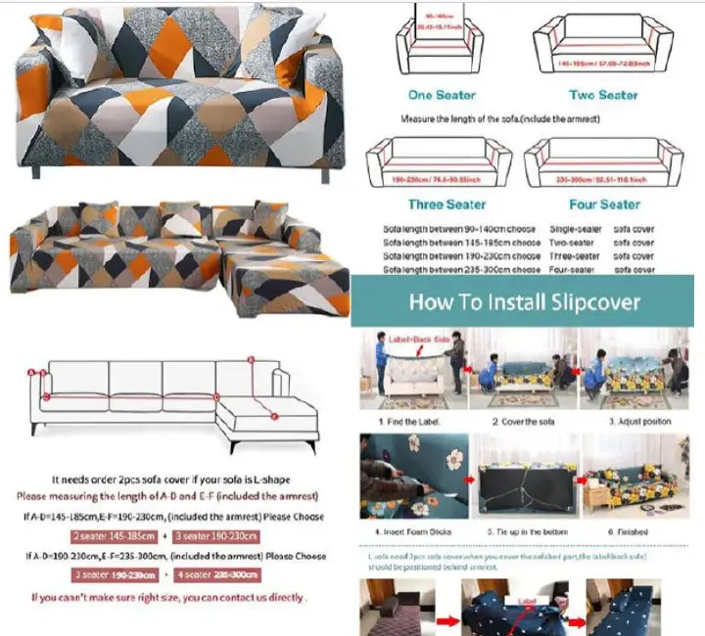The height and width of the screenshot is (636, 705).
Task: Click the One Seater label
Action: pos(442,95)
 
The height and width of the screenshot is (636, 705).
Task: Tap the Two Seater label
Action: pos(604,95)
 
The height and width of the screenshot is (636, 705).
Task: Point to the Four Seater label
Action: pos(604,204)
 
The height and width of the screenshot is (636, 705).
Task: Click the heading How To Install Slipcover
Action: pos(524,301)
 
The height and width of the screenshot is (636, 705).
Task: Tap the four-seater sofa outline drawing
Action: pos(603,161)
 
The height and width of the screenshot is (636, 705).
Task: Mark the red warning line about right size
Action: pos(167,597)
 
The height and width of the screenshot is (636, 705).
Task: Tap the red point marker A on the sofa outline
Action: pos(31,373)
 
